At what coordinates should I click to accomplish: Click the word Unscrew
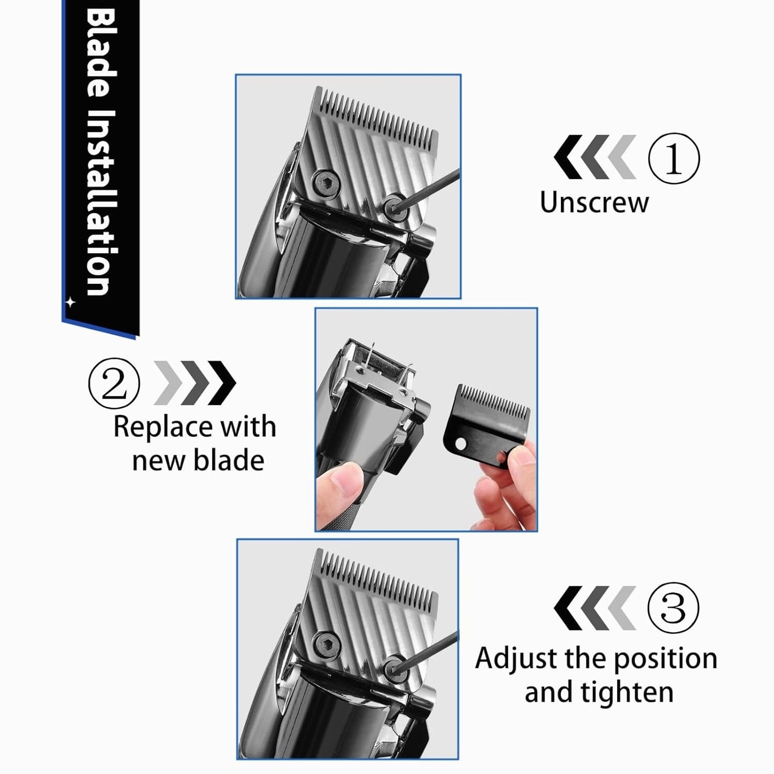[x=593, y=202]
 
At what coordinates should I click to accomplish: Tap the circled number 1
[x=673, y=159]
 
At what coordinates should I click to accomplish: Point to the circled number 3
[x=673, y=608]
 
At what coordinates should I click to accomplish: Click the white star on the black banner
[x=70, y=303]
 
